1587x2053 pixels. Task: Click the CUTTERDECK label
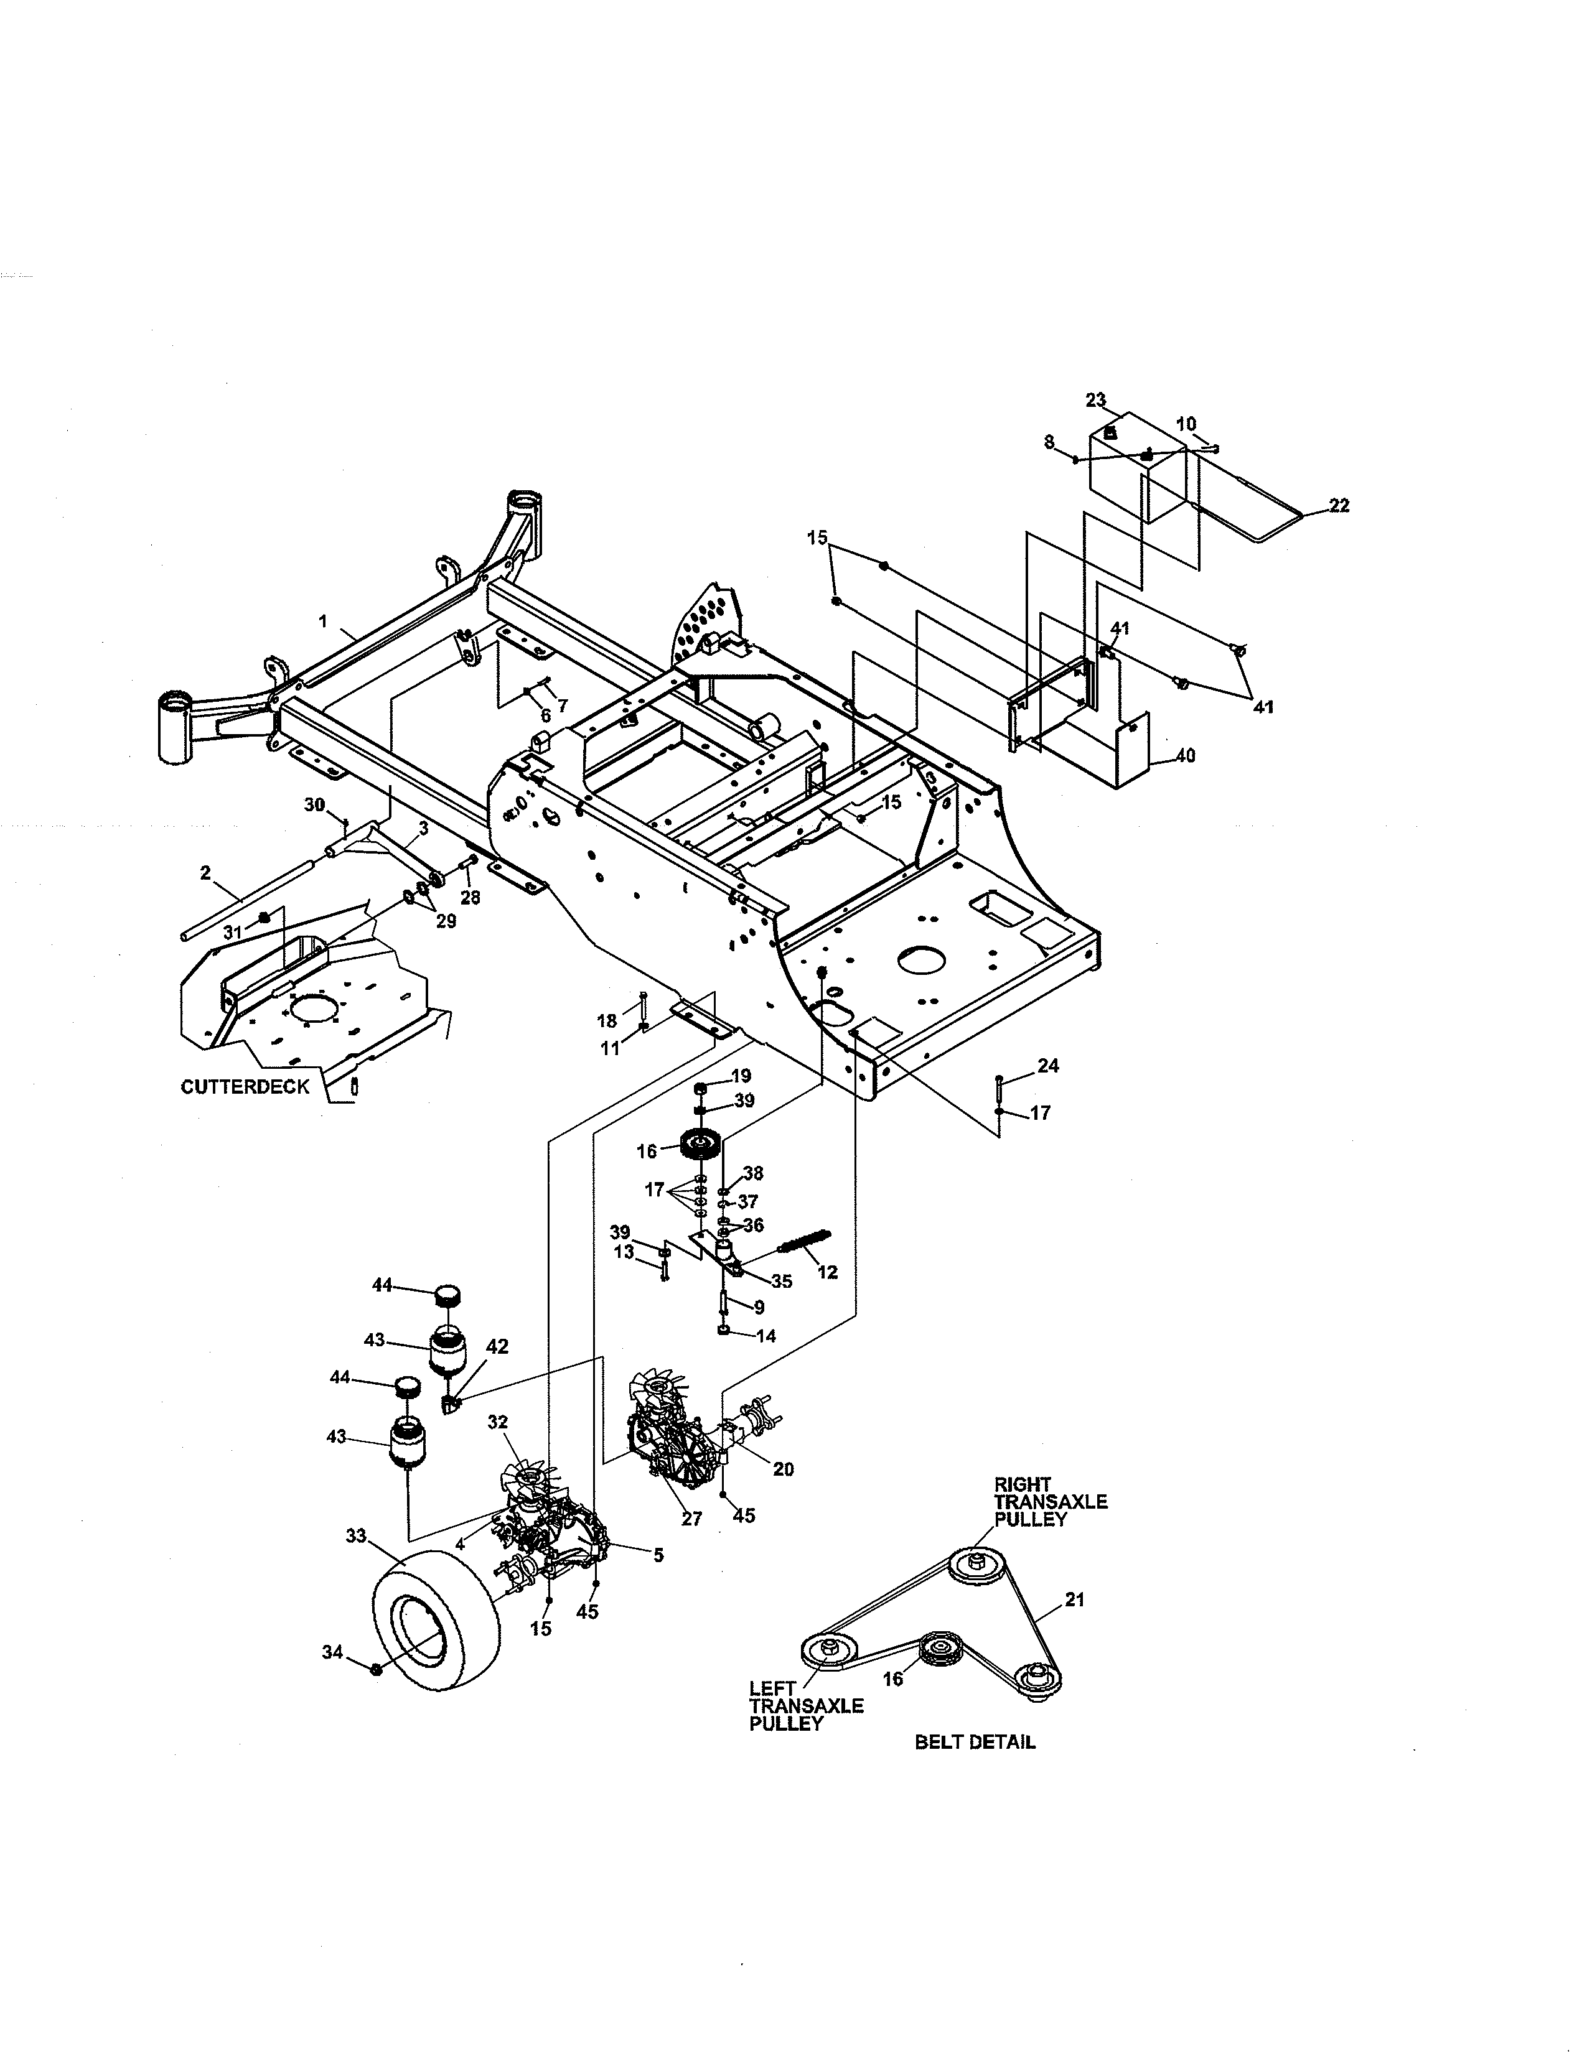[245, 1087]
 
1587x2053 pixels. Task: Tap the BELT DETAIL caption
[975, 1742]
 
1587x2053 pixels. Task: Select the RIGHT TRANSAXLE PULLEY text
[1050, 1501]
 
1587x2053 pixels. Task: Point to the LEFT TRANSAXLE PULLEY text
[806, 1705]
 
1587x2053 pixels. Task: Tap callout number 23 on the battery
[1096, 401]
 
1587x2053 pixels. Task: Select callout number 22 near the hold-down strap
[1339, 506]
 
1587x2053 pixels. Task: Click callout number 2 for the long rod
[206, 873]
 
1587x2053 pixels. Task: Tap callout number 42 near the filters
[497, 1347]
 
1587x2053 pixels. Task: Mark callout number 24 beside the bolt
[1048, 1065]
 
